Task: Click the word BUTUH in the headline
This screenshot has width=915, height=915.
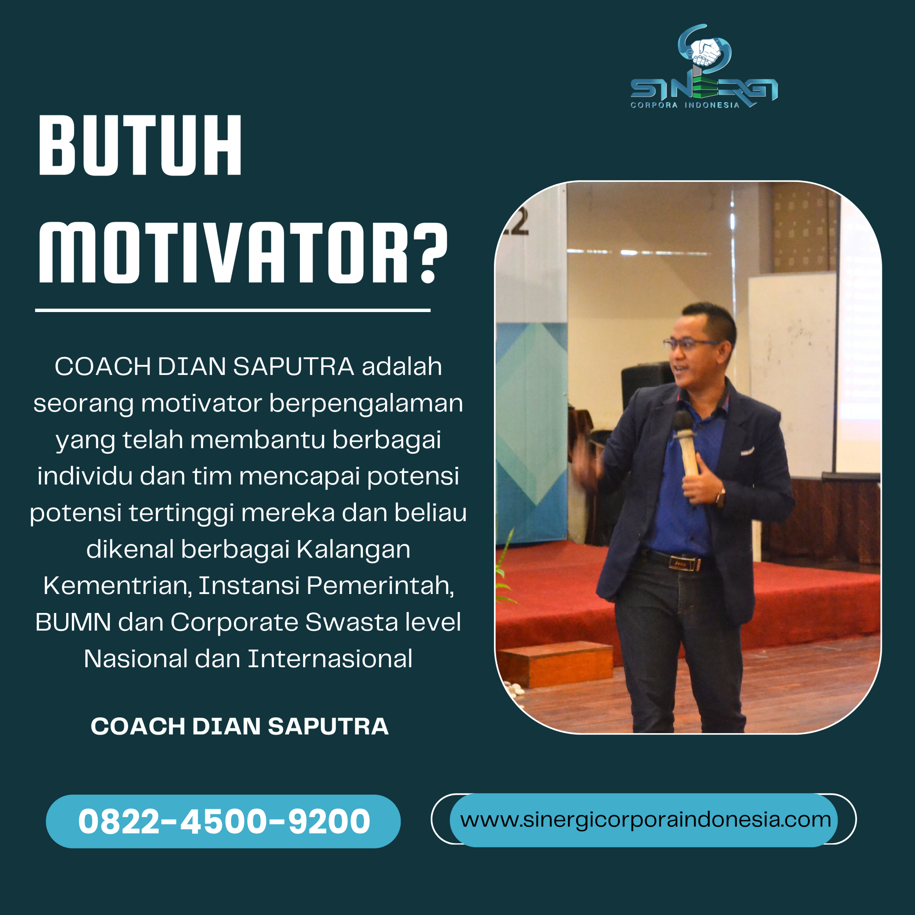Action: tap(140, 145)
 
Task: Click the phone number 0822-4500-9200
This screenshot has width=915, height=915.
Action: tap(223, 821)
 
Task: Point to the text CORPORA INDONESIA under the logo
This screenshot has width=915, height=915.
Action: tap(685, 105)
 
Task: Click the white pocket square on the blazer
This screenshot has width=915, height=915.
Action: tap(747, 451)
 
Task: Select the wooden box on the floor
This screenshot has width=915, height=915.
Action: tap(555, 663)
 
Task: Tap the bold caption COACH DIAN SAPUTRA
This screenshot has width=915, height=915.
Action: tap(239, 727)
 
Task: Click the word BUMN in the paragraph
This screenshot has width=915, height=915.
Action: tap(73, 622)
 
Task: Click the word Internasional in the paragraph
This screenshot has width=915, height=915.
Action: tap(330, 659)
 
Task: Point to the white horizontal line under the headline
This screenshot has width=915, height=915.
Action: tap(233, 311)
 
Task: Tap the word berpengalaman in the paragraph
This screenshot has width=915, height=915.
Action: tap(366, 404)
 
